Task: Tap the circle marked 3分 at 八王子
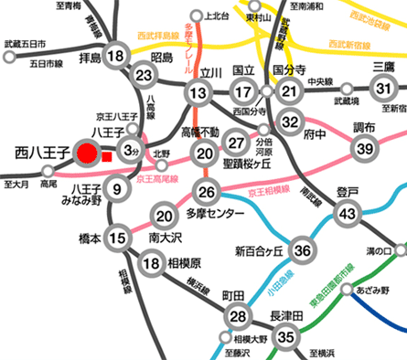point(132,150)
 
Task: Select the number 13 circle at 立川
point(198,91)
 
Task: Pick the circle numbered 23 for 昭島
point(143,75)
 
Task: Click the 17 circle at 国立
point(242,91)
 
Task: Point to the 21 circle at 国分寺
point(290,90)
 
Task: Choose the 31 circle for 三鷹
point(385,89)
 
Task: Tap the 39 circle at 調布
point(366,149)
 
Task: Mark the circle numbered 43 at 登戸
point(348,213)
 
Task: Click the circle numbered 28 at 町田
point(239,316)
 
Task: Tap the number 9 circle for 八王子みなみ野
point(116,189)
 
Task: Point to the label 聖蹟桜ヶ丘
point(237,167)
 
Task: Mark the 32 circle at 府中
point(290,121)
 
